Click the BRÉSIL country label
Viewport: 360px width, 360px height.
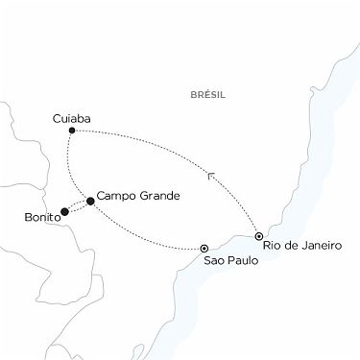[207, 94]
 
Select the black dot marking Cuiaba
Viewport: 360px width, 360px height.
[73, 131]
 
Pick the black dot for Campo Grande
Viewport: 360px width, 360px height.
[90, 201]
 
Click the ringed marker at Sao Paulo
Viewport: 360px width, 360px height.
[204, 248]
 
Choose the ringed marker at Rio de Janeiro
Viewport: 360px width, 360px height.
[259, 235]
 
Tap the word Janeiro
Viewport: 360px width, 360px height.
[320, 246]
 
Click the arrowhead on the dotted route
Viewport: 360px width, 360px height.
[211, 175]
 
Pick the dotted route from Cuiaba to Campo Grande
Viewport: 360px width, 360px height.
[70, 168]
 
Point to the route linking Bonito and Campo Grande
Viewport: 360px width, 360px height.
[77, 206]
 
